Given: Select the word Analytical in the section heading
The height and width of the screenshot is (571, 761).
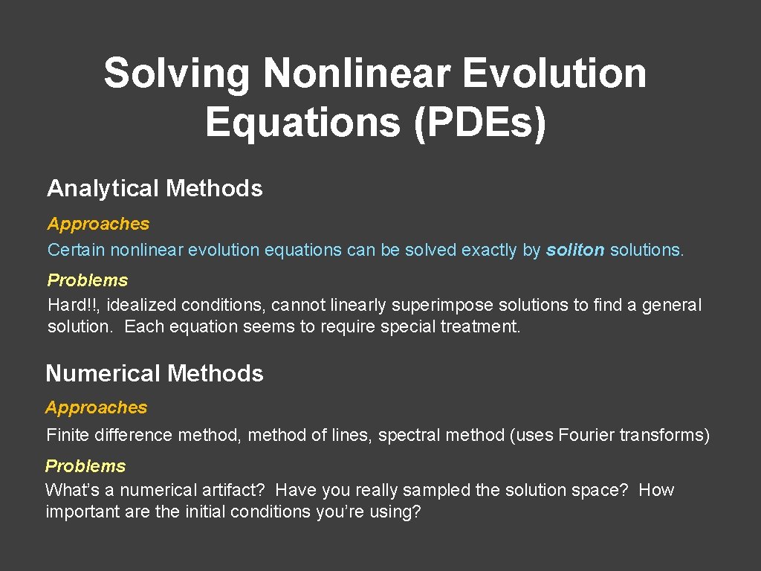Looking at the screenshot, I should click(103, 189).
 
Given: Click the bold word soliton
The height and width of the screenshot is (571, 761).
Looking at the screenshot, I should click(575, 251).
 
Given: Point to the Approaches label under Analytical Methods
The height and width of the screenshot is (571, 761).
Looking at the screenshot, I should click(98, 224).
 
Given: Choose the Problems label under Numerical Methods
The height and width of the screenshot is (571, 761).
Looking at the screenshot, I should click(85, 466).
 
